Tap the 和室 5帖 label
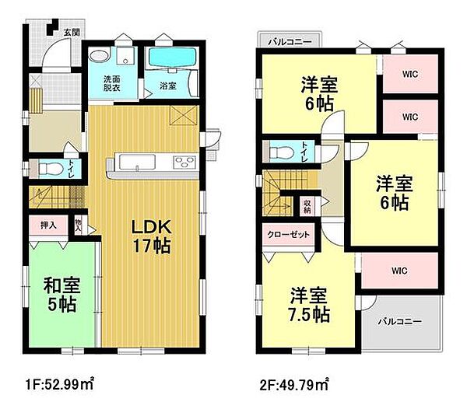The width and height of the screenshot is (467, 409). pyautogui.click(x=59, y=294)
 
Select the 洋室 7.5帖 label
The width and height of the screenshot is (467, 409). pyautogui.click(x=310, y=306)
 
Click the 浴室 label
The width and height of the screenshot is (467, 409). pyautogui.click(x=169, y=86)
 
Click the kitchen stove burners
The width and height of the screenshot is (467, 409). pyautogui.click(x=185, y=163)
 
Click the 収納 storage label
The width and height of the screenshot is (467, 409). pyautogui.click(x=307, y=206)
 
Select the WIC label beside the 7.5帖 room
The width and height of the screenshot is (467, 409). pyautogui.click(x=400, y=271)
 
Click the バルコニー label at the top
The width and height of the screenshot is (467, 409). pyautogui.click(x=289, y=40)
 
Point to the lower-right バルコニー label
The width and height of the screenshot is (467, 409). pyautogui.click(x=400, y=321)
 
